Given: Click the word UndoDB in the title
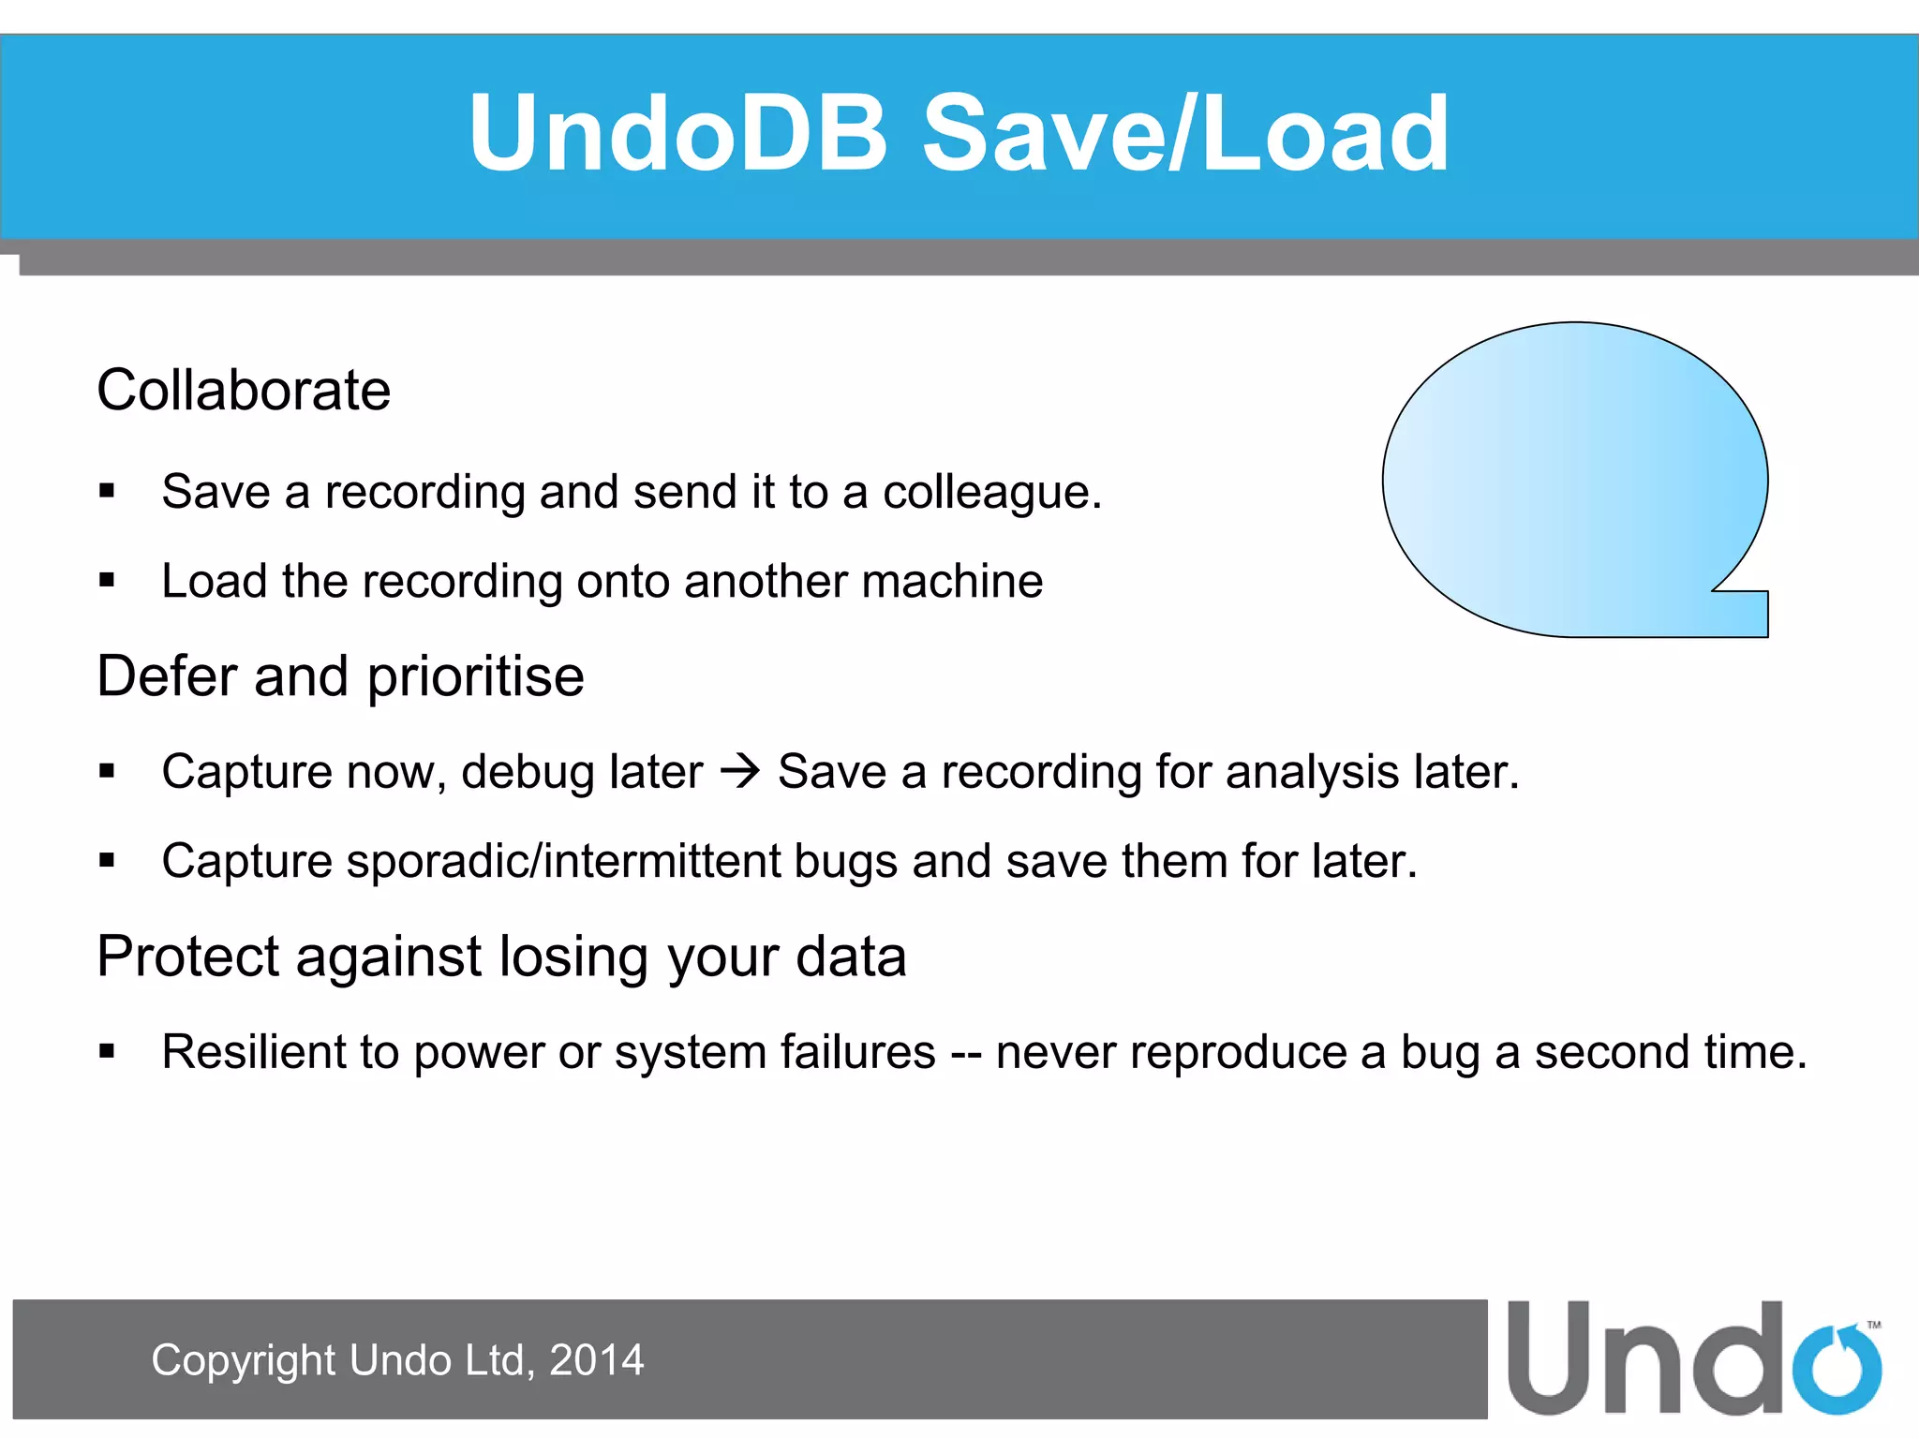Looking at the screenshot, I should tap(677, 134).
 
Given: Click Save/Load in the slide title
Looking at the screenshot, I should tap(1185, 134).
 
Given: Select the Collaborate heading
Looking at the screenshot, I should tap(244, 390).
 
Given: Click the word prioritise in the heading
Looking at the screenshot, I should tap(475, 676).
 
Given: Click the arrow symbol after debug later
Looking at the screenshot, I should tap(740, 772).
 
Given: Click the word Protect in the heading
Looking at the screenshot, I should tap(187, 957).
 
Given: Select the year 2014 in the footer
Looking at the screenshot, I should tap(596, 1360).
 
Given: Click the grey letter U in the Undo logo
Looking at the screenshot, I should tap(1552, 1358).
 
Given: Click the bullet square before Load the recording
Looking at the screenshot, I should tap(107, 581).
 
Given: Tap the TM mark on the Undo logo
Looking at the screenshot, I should tap(1873, 1325).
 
